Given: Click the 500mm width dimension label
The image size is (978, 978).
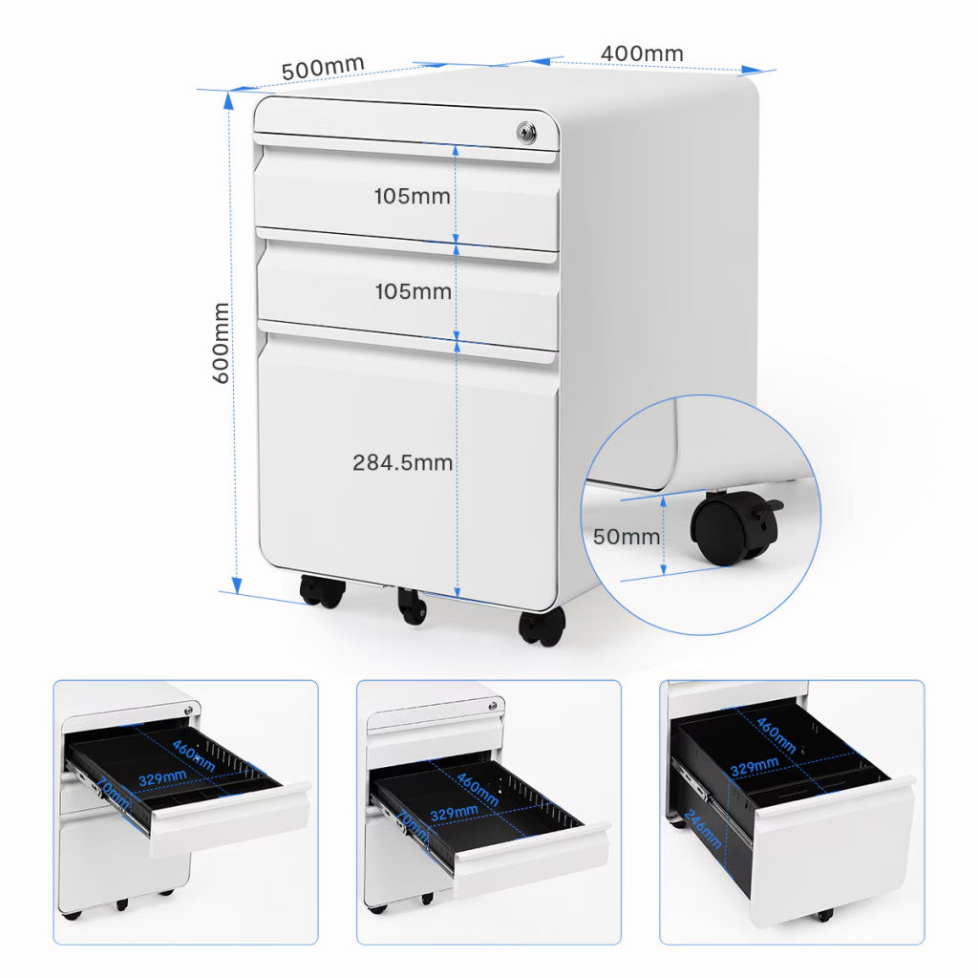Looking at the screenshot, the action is [x=323, y=68].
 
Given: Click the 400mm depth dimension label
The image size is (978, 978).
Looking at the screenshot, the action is [x=642, y=53].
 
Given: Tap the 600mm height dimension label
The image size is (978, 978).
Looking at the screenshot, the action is [x=222, y=343].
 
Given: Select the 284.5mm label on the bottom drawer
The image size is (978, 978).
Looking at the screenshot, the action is [x=402, y=463].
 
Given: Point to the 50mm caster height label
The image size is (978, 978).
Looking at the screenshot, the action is [x=626, y=537].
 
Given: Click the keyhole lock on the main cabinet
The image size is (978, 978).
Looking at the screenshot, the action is [x=525, y=132].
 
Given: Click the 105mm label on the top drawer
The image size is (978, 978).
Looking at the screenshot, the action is [x=413, y=197].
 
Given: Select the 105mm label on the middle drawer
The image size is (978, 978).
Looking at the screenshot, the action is [x=413, y=291].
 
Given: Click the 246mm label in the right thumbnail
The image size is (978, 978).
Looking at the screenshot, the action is [x=702, y=829].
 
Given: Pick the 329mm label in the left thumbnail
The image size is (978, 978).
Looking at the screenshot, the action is [x=162, y=777].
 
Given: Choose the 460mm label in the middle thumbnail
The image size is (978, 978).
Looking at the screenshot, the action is [x=478, y=789].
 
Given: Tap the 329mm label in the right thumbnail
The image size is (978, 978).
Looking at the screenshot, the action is [x=755, y=766].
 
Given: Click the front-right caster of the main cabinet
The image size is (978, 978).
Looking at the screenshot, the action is [x=542, y=626].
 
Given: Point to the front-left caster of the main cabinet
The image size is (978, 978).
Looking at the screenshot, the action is [x=322, y=591].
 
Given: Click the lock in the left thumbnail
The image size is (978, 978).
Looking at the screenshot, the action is [x=188, y=711].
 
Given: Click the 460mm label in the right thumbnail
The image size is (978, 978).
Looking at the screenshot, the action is [x=776, y=734].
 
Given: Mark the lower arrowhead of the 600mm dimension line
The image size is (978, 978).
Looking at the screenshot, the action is [x=237, y=585].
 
